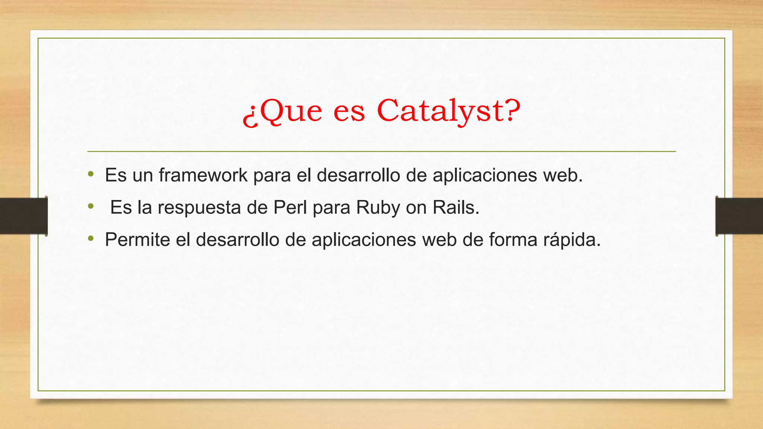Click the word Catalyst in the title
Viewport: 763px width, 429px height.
[441, 111]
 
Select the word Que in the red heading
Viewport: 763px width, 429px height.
[290, 111]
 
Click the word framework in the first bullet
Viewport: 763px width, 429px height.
[203, 175]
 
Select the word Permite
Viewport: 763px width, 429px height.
[137, 240]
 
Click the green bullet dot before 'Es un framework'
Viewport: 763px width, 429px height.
[91, 174]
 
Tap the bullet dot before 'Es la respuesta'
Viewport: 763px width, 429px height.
[91, 206]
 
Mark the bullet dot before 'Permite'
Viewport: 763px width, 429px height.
[91, 238]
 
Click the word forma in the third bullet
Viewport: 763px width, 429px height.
[513, 240]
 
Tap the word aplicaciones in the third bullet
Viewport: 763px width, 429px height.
[364, 240]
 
